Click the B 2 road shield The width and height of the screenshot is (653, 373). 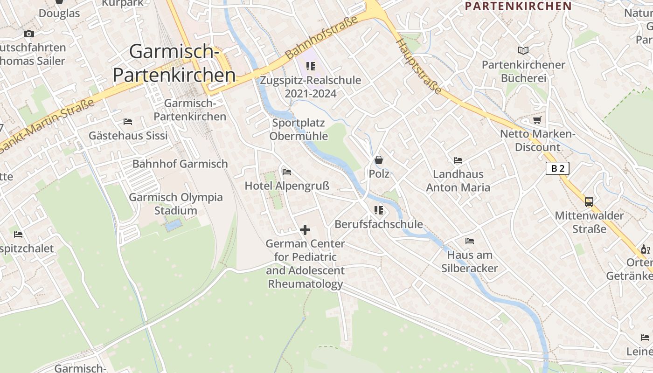click(x=557, y=168)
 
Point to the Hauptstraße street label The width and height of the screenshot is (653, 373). click(x=418, y=66)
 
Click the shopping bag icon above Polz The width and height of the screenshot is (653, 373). click(x=379, y=160)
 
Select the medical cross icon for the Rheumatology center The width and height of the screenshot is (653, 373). click(x=305, y=229)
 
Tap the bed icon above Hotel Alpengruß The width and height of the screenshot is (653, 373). click(x=287, y=172)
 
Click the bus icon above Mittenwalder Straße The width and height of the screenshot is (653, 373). click(x=589, y=202)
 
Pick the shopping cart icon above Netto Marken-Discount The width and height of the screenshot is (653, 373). click(x=537, y=120)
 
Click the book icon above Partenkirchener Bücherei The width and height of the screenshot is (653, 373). click(x=523, y=50)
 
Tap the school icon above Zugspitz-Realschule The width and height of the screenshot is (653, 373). click(x=310, y=66)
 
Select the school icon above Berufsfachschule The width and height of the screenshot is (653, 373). click(x=378, y=210)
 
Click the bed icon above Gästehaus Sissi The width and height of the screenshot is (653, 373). click(x=128, y=122)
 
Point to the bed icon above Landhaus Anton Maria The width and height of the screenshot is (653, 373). click(x=458, y=160)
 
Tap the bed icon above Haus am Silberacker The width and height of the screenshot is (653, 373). click(x=470, y=241)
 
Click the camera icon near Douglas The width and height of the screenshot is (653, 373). click(x=29, y=34)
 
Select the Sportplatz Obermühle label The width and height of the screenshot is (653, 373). click(x=299, y=130)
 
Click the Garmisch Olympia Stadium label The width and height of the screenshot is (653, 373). click(x=176, y=204)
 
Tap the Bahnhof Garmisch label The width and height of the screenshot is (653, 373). click(x=180, y=164)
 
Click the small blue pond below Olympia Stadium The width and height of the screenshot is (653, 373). click(x=174, y=226)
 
